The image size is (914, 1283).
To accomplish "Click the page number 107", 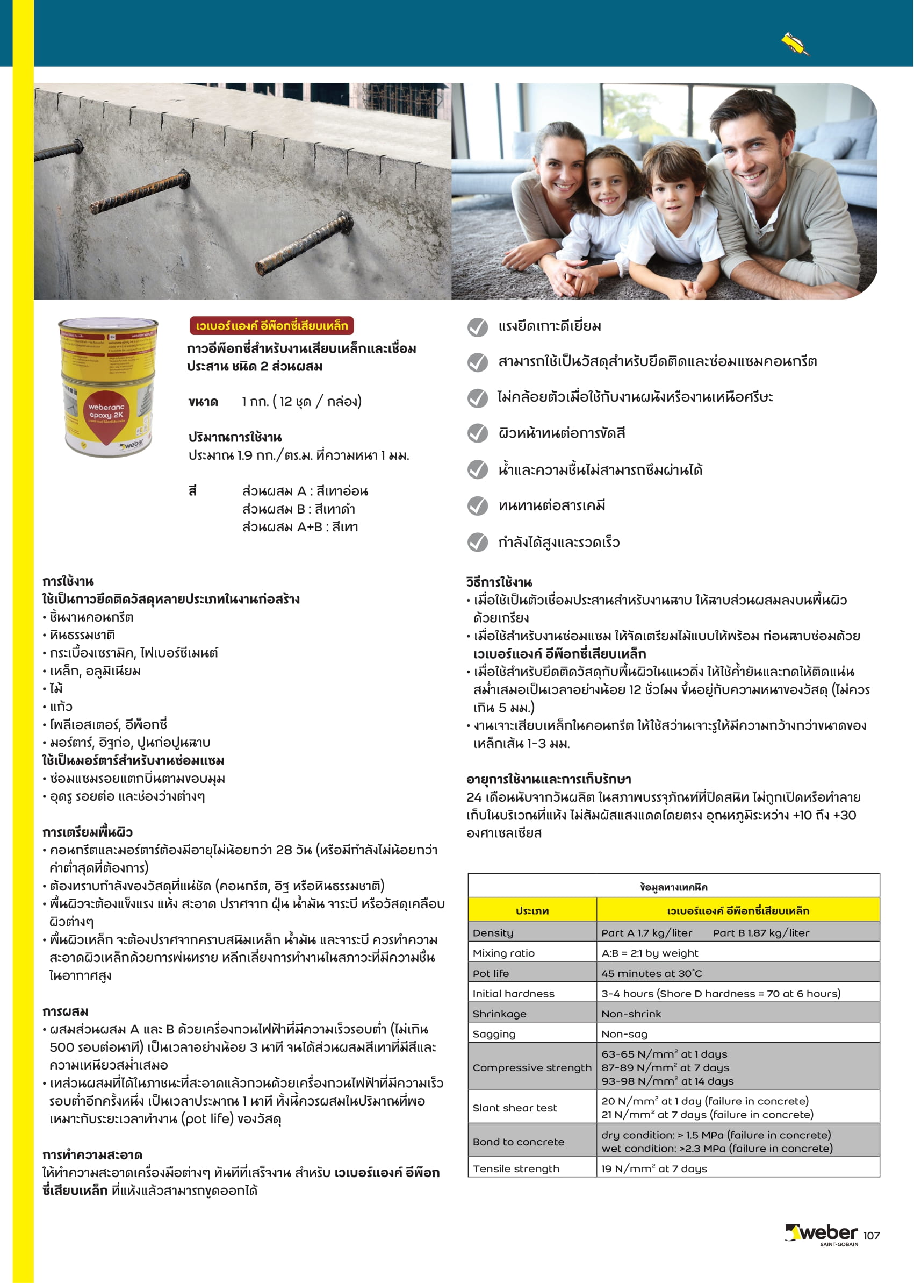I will [871, 1236].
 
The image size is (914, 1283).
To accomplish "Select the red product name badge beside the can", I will [271, 325].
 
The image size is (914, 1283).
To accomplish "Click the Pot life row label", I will [491, 973].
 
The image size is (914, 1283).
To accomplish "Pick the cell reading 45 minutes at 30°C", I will [651, 973].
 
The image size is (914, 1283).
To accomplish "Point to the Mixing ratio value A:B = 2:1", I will [650, 953].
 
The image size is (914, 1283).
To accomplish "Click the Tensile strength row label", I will [516, 1168].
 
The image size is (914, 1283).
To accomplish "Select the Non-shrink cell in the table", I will [631, 1014].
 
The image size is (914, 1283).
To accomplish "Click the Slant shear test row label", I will [514, 1108].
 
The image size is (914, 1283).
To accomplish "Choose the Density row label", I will [493, 933].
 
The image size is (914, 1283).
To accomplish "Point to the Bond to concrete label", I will [518, 1142].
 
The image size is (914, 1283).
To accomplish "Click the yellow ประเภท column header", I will [532, 911].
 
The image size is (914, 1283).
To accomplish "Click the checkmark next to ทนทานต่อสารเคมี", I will [478, 506].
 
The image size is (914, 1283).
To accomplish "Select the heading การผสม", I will [66, 1011].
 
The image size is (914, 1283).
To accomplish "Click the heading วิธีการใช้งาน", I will [499, 582].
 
